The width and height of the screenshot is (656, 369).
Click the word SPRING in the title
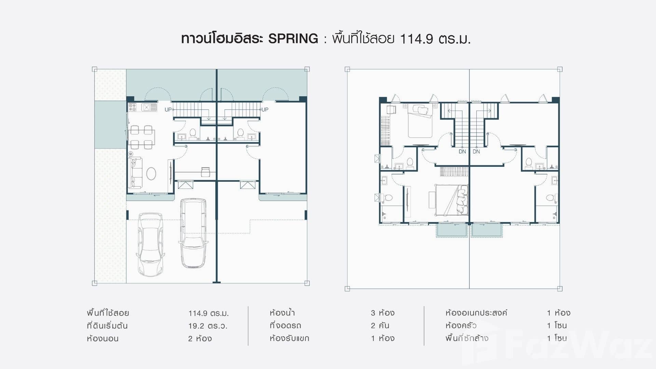coord(293,39)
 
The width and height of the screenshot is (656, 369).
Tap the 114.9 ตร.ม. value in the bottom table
coord(208,313)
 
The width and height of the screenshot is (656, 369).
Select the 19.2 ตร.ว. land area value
coord(208,326)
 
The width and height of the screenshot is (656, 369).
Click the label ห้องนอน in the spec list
coord(102,339)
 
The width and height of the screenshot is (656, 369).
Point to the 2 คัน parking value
coord(380,326)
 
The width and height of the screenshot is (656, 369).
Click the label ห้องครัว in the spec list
coord(461,326)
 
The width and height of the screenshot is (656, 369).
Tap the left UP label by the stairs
coord(168,110)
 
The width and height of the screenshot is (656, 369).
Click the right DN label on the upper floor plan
coord(476,151)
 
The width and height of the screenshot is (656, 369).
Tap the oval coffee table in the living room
coord(151,173)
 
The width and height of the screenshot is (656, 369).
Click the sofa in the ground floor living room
coord(136,173)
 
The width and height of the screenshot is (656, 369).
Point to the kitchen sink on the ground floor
coord(149,107)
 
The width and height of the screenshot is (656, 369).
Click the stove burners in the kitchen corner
coord(133,107)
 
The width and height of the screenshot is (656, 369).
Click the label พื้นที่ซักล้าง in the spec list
coord(466,338)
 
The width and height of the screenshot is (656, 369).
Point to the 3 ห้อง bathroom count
coord(382,313)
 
